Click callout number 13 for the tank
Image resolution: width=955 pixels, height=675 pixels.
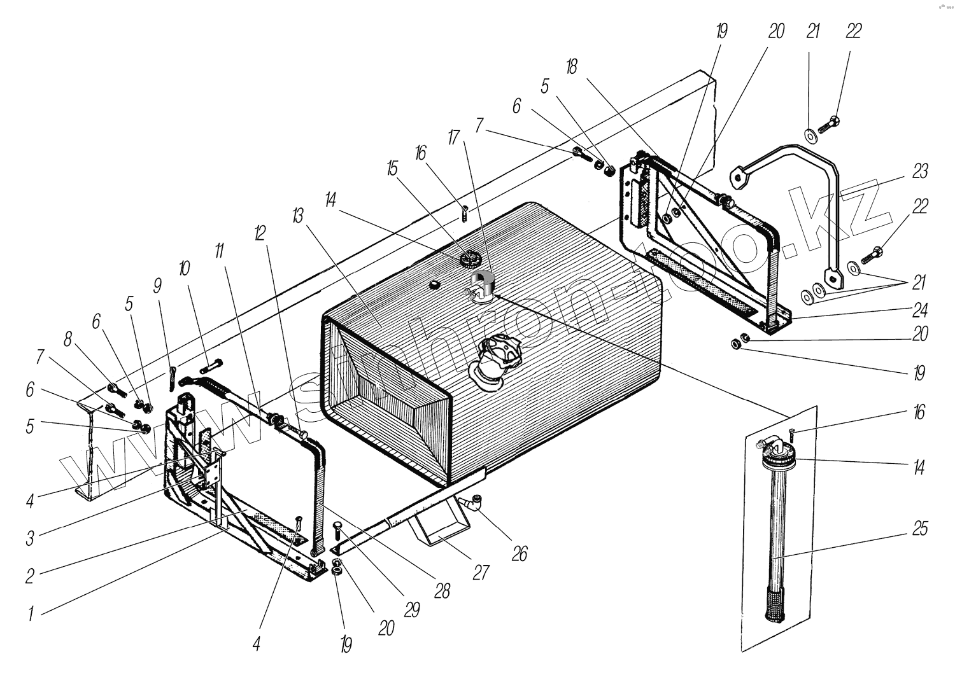coord(297,216)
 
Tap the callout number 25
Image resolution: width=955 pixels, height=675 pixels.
coord(920,529)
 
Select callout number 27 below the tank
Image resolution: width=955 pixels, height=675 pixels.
coord(481,573)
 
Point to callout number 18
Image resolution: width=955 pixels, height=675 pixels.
coord(572,67)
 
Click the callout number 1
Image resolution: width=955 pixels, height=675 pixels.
coord(30,615)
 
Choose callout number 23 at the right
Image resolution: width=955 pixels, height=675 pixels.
coord(919,172)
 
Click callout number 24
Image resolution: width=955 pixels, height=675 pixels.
coord(919,310)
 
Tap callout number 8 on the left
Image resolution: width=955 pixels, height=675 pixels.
coord(68,340)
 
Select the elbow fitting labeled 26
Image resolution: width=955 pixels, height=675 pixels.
coord(474,503)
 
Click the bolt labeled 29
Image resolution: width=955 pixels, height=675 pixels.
coord(337,529)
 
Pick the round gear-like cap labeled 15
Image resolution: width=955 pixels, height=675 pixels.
coord(470,259)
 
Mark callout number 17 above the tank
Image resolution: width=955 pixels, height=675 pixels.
coord(453,137)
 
